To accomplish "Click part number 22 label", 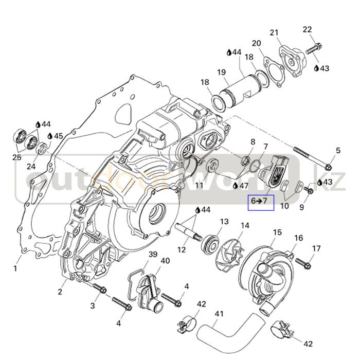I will pyautogui.click(x=308, y=29).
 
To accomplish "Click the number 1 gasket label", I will pyautogui.click(x=15, y=268).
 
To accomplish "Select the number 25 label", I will pyautogui.click(x=17, y=156).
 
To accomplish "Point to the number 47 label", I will pyautogui.click(x=243, y=185).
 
